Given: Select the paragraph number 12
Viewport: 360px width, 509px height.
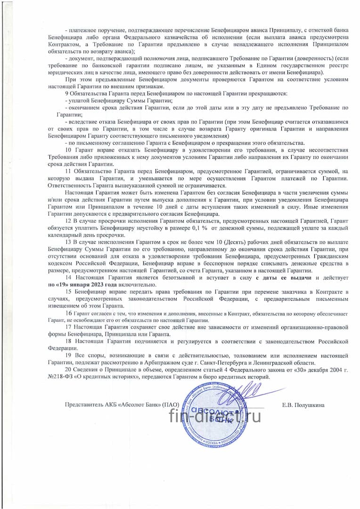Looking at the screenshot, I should (x=68, y=221).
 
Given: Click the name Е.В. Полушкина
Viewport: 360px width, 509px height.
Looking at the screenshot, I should (x=303, y=404).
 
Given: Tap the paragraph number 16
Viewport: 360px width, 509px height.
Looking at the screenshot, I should (x=69, y=313).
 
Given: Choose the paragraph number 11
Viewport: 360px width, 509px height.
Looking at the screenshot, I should (x=68, y=172).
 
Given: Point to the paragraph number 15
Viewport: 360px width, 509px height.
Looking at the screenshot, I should (x=68, y=292).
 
